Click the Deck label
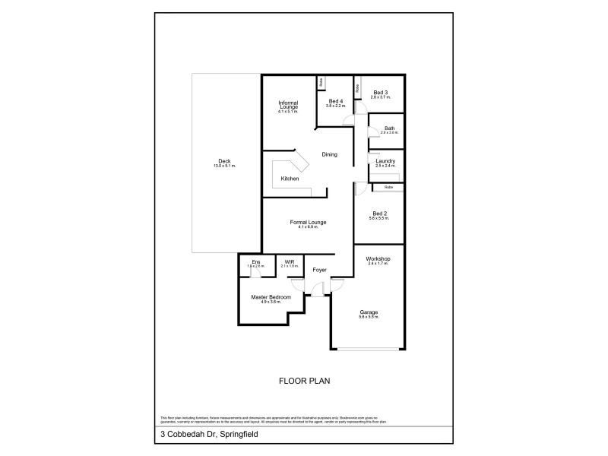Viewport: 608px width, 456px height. click(225, 161)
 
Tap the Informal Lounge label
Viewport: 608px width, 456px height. click(288, 105)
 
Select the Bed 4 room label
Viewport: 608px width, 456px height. click(336, 102)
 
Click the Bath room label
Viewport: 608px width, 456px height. click(389, 129)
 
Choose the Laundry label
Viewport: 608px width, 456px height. click(385, 161)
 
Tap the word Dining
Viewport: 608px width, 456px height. click(329, 154)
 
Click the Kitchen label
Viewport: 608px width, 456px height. click(290, 179)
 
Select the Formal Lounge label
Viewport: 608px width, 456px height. click(308, 223)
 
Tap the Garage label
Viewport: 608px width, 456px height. click(369, 313)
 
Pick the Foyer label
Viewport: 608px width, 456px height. click(319, 270)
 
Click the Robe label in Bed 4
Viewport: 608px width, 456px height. click(322, 81)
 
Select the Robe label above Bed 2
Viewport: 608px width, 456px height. click(388, 186)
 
